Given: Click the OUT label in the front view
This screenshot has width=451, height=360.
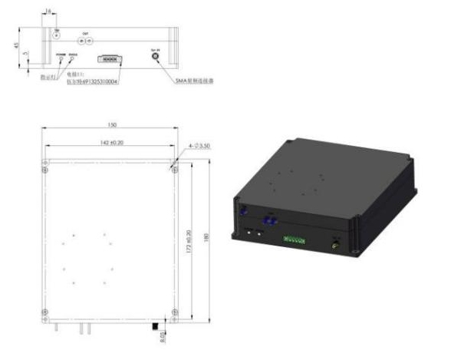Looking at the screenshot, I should coord(84,34).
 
